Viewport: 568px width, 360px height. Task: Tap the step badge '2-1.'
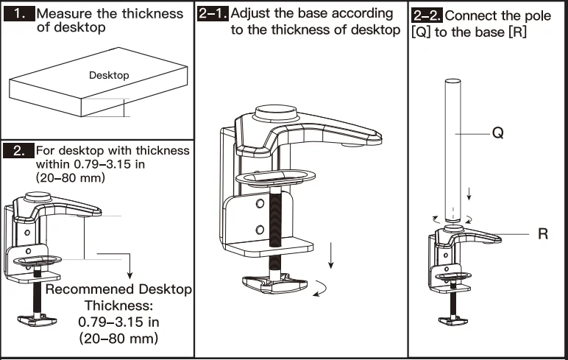pyautogui.click(x=213, y=13)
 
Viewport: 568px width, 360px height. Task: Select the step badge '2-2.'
pyautogui.click(x=427, y=15)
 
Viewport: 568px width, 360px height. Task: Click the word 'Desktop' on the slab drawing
pyautogui.click(x=109, y=75)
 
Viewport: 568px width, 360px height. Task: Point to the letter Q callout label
pyautogui.click(x=497, y=134)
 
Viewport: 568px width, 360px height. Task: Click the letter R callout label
pyautogui.click(x=543, y=234)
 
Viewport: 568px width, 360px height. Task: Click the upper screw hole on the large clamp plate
pyautogui.click(x=259, y=204)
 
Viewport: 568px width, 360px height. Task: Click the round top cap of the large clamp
pyautogui.click(x=277, y=113)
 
